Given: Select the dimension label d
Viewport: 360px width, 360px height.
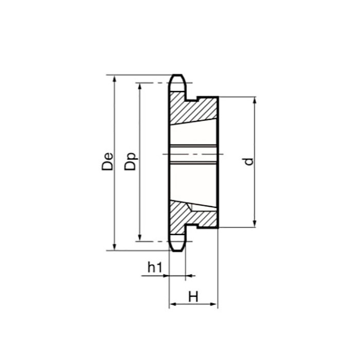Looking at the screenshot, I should click(249, 161).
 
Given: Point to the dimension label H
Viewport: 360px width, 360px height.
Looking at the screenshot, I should click(193, 297).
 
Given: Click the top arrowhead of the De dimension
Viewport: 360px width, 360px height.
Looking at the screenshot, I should click(114, 78).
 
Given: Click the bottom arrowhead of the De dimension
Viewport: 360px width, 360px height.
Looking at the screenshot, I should click(114, 248).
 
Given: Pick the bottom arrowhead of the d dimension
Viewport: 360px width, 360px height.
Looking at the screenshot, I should click(255, 224).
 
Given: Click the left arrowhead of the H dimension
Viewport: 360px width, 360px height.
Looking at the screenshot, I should click(172, 304).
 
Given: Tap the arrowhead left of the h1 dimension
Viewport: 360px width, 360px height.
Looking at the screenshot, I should click(166, 276).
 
